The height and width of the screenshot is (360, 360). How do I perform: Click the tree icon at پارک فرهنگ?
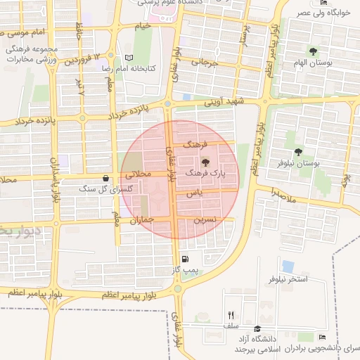coord(205,162)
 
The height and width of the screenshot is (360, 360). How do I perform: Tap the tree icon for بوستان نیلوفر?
coord(299,153)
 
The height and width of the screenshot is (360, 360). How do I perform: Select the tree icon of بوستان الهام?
coord(313,51)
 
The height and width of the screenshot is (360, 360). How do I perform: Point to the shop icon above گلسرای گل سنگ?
coord(105,179)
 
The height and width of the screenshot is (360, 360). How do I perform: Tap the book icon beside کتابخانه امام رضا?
coord(128,58)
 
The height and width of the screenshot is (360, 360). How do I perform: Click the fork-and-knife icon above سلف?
coord(231,315)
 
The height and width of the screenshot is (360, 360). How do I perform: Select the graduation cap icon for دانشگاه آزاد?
coord(257,329)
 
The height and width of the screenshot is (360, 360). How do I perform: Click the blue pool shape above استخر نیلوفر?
coord(288,266)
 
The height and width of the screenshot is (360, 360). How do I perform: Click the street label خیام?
coord(143,26)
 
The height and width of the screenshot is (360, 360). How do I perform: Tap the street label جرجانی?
coord(197,62)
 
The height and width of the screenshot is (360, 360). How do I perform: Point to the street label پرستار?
coord(243,32)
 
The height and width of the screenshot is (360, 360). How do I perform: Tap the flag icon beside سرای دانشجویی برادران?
coord(323,337)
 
